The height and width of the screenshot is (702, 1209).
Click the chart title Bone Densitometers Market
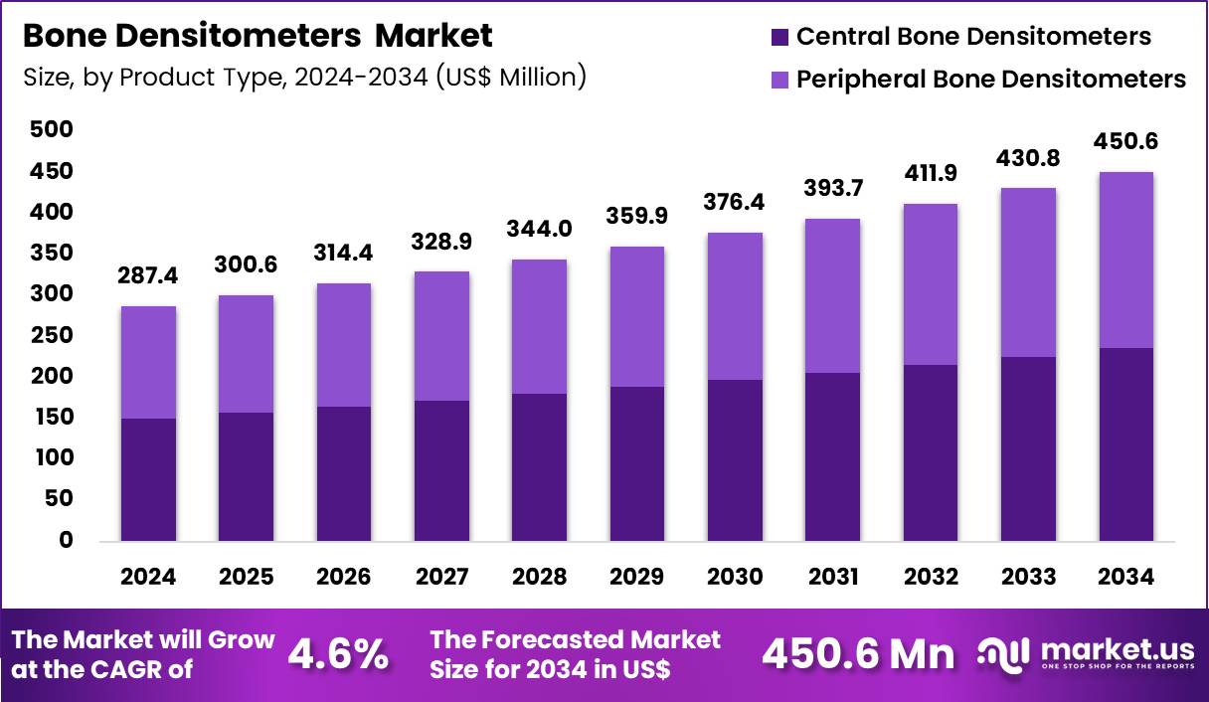257,37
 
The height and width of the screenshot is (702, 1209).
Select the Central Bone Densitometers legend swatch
779,38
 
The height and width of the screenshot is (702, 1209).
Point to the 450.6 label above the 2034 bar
1125,141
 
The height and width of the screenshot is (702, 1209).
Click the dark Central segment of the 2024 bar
148,479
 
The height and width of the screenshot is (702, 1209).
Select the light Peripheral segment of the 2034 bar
1125,261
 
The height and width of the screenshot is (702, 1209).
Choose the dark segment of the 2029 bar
637,463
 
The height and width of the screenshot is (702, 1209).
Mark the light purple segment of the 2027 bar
441,336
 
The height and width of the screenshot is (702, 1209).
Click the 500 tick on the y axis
51,130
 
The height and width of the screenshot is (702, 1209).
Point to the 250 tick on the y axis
51,335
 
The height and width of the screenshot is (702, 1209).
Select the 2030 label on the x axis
735,578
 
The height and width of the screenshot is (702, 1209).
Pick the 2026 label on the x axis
344,578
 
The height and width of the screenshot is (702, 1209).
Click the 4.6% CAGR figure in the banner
337,653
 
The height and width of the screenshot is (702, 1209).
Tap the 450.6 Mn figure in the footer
857,653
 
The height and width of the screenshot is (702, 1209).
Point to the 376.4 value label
735,203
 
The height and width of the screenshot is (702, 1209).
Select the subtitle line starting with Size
303,77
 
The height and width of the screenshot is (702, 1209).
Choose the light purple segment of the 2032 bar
931,284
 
